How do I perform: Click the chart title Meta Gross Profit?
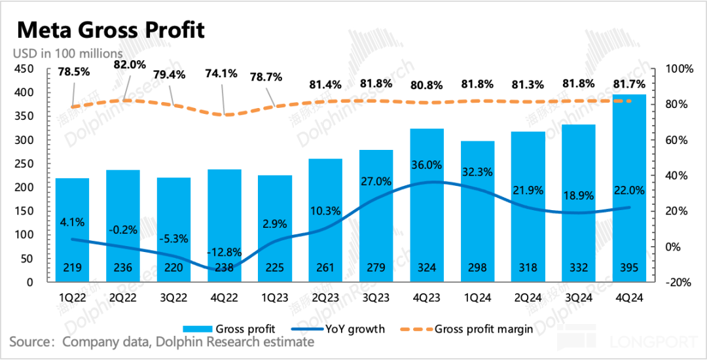click(x=111, y=29)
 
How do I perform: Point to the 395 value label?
click(x=630, y=268)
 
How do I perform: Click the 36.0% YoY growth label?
click(x=427, y=165)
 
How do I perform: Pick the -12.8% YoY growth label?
click(x=225, y=252)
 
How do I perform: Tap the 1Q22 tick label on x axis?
click(x=73, y=298)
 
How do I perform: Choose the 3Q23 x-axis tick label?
click(x=376, y=298)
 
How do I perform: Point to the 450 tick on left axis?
click(x=24, y=69)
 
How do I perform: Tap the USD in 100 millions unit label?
click(x=69, y=53)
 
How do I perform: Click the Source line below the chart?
click(x=162, y=342)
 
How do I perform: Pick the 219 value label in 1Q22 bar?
click(x=73, y=268)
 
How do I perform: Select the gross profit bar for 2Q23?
click(x=325, y=216)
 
